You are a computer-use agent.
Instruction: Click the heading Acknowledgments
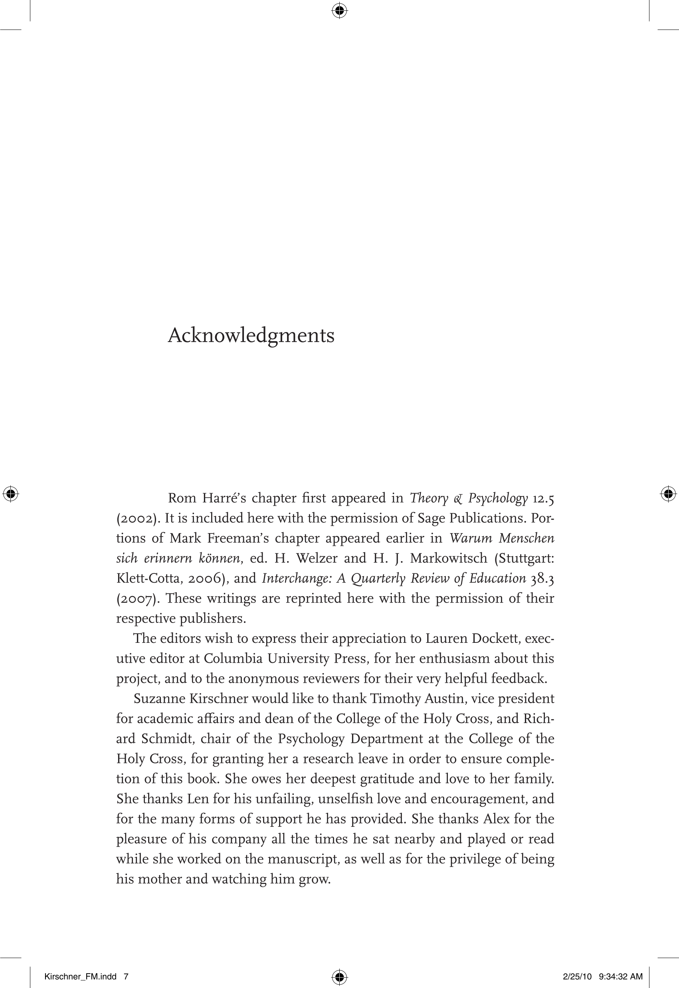tap(251, 336)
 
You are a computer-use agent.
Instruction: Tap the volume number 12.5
tap(543, 498)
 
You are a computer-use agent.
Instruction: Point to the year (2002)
tap(138, 518)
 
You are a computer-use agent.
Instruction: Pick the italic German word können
tap(220, 558)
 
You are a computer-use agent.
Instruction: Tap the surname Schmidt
tap(168, 739)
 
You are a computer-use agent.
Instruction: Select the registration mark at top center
tap(339, 11)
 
